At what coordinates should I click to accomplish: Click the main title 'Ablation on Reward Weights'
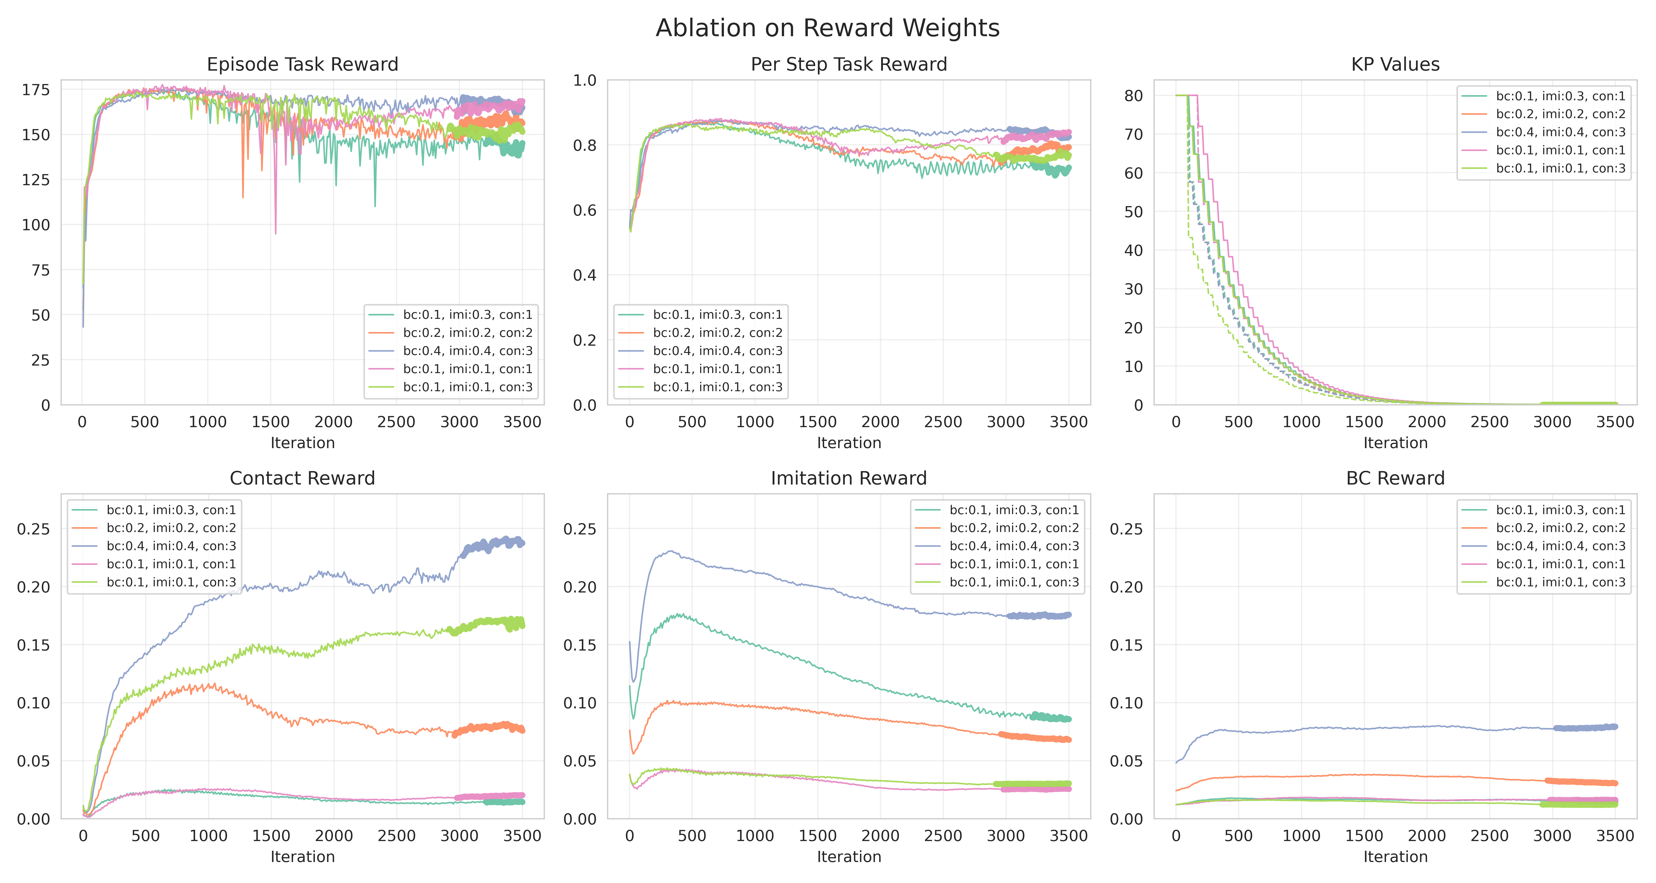point(827,28)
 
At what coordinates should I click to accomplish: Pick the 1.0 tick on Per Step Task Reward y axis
point(584,80)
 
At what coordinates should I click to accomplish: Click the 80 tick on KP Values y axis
point(1133,96)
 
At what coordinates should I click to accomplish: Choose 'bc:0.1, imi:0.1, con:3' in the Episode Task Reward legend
point(467,387)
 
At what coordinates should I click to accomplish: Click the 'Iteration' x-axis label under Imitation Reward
point(849,857)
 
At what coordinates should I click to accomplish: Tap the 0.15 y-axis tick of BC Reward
point(1126,645)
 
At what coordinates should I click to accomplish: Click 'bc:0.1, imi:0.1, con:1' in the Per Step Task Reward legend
point(717,369)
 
